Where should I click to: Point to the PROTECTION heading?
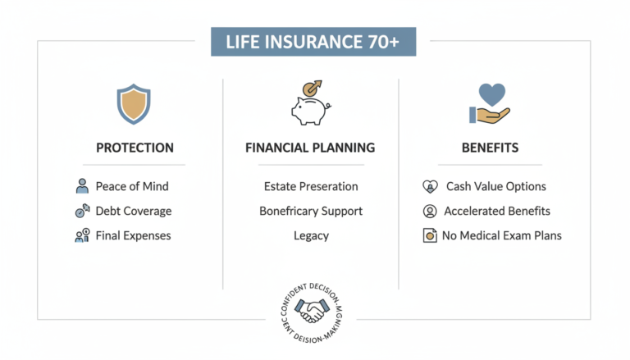coord(135,148)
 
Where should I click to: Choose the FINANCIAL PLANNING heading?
coord(310,148)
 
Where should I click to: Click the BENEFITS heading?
coord(490,148)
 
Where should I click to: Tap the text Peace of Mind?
coord(132,186)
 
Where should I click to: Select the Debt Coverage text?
coord(134,211)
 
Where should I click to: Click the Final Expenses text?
coord(134,235)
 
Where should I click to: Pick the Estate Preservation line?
coord(311,186)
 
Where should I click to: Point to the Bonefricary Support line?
coord(311,211)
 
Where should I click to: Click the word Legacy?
coord(311,235)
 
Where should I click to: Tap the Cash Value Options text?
coord(495,186)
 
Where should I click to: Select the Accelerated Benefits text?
coord(497,211)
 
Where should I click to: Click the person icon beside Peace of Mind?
coord(82,186)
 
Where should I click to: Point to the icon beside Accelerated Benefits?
coord(429,211)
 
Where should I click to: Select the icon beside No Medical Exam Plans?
coord(429,236)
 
